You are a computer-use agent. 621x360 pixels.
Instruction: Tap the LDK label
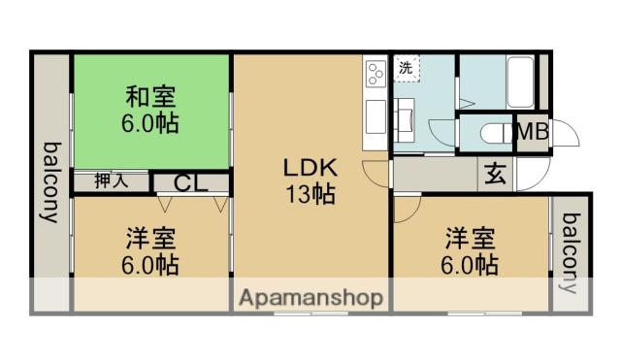(x=310, y=168)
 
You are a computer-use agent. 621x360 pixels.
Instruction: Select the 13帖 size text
(x=310, y=194)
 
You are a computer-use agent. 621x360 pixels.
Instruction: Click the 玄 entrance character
(x=495, y=175)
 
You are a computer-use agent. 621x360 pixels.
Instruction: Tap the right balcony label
(x=572, y=251)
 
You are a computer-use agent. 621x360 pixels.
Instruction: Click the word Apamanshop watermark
(x=310, y=297)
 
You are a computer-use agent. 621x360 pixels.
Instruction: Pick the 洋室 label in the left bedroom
(x=150, y=238)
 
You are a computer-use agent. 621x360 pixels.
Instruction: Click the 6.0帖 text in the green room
(x=150, y=124)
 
